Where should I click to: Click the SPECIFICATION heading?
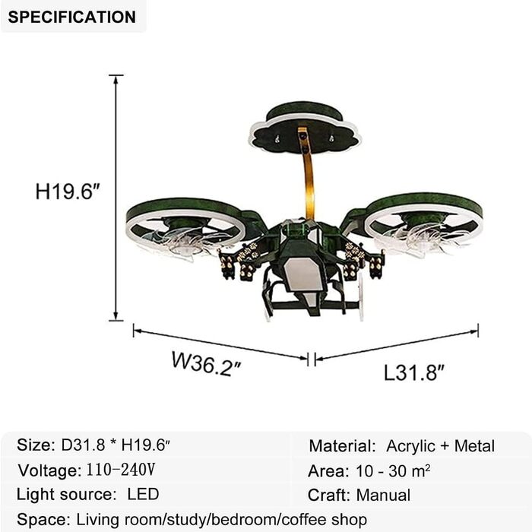(x=72, y=17)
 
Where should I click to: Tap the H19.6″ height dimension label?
(x=68, y=192)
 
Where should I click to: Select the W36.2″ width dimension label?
(x=206, y=364)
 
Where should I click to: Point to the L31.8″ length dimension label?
(x=414, y=372)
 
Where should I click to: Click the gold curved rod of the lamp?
(x=309, y=176)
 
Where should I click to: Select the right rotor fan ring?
(x=424, y=200)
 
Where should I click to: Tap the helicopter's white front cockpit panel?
(x=303, y=274)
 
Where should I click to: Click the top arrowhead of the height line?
(x=116, y=79)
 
